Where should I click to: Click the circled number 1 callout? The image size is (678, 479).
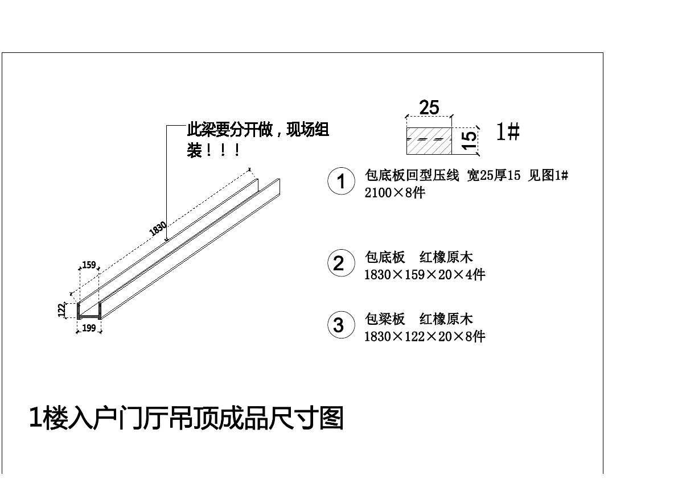pyautogui.click(x=341, y=182)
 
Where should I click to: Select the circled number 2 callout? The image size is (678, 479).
pyautogui.click(x=339, y=263)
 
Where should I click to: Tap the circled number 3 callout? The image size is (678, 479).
pyautogui.click(x=339, y=325)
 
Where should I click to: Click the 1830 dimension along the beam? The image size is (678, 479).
pyautogui.click(x=158, y=229)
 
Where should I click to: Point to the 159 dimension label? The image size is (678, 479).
pyautogui.click(x=89, y=265)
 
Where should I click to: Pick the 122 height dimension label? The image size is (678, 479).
pyautogui.click(x=61, y=310)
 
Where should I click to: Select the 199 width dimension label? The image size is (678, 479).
pyautogui.click(x=89, y=328)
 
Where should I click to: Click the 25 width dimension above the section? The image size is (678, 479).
pyautogui.click(x=429, y=107)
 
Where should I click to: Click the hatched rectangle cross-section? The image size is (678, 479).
pyautogui.click(x=429, y=141)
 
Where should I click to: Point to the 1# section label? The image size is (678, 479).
pyautogui.click(x=507, y=133)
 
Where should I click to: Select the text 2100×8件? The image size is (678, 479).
pyautogui.click(x=395, y=193)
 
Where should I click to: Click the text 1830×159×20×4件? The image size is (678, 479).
pyautogui.click(x=425, y=275)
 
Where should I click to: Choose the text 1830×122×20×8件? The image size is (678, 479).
pyautogui.click(x=425, y=337)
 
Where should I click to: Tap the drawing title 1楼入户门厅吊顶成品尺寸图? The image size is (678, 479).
pyautogui.click(x=186, y=418)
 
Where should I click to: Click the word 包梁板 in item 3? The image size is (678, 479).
pyautogui.click(x=385, y=319)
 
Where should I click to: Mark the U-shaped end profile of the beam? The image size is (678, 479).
pyautogui.click(x=89, y=311)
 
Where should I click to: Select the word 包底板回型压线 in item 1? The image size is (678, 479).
pyautogui.click(x=412, y=176)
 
